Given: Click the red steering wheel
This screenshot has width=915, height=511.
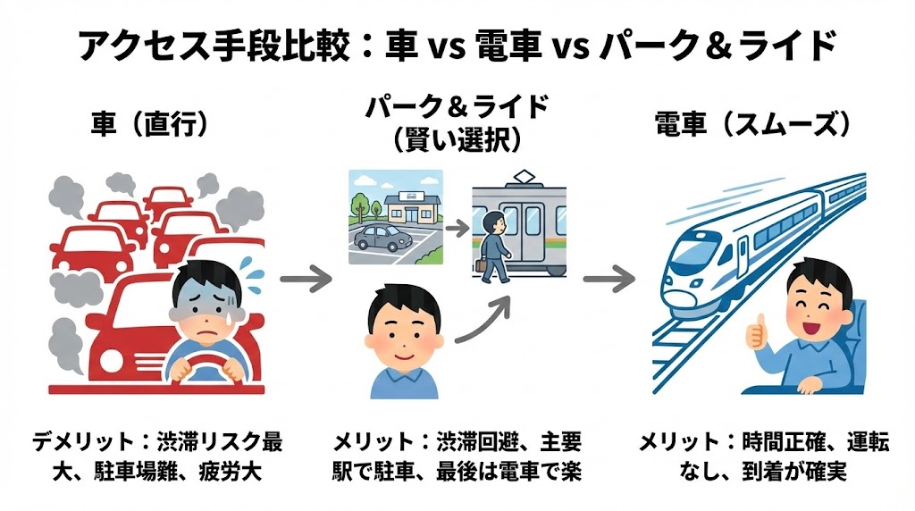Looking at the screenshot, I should click(204, 364).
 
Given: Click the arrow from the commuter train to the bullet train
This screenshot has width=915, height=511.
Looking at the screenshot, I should click(610, 279).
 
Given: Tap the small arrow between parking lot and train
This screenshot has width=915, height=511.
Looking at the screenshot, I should click(457, 228).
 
